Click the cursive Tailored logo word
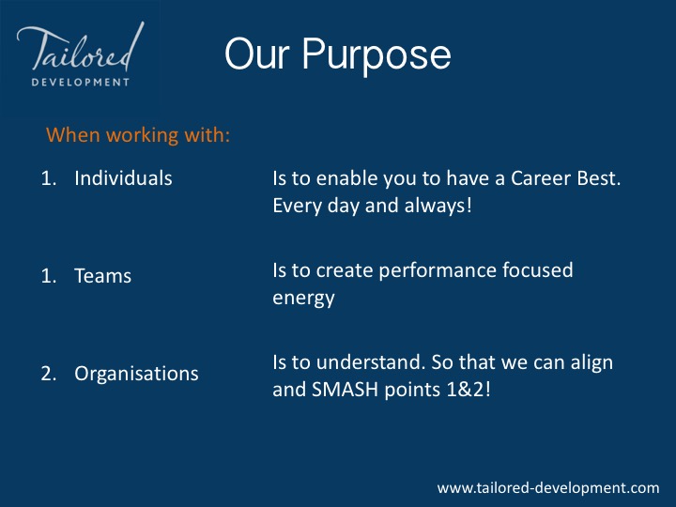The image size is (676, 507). pos(81,48)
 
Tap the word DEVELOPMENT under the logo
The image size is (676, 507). pos(81,82)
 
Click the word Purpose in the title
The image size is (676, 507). pos(376,55)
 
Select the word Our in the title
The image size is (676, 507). pos(257,54)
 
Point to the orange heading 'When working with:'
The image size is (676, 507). pos(138,135)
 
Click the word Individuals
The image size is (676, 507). pos(123,178)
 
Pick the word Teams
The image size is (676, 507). pos(102,276)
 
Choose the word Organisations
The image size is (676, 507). pos(136,374)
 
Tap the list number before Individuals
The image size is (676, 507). pos(49,178)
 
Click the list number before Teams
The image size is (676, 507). pos(49,276)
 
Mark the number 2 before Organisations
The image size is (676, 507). pos(49,374)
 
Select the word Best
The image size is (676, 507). pos(599,178)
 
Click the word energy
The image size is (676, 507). pos(303,299)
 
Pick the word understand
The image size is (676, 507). pos(370,362)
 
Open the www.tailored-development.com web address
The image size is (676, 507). pos(548,488)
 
